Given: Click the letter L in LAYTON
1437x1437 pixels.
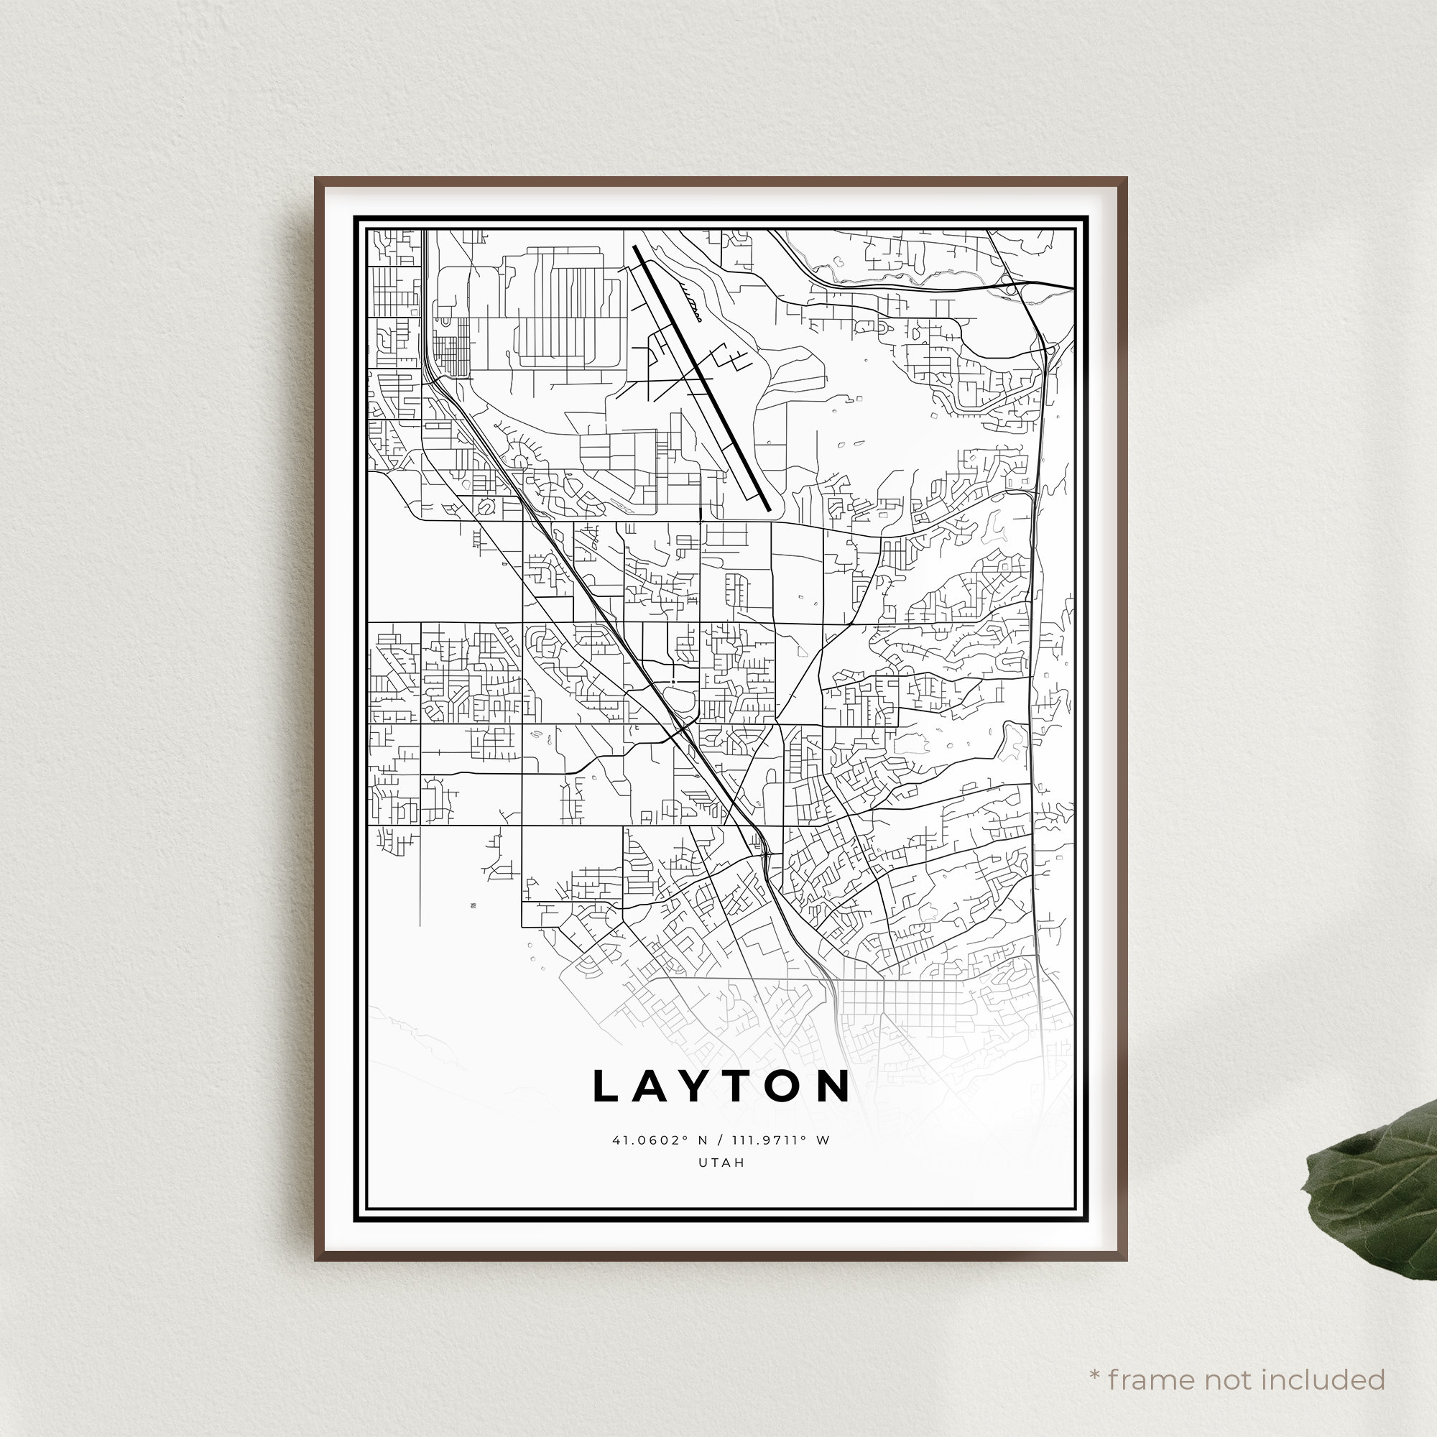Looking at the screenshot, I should click(x=607, y=1086).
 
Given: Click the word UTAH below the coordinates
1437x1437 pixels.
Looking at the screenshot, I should click(x=721, y=1163).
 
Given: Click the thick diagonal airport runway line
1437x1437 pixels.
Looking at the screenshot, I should click(x=702, y=379).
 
